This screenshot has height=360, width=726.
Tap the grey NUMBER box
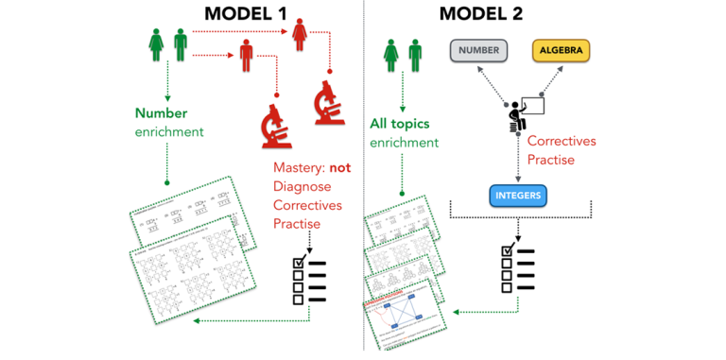pos(478,49)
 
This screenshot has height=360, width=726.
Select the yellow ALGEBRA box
pos(563,49)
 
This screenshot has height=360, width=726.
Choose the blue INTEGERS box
pos(517,196)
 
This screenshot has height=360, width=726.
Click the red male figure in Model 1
pos(246,57)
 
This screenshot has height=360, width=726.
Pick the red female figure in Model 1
pos(301,38)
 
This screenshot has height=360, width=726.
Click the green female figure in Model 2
pos(391,55)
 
